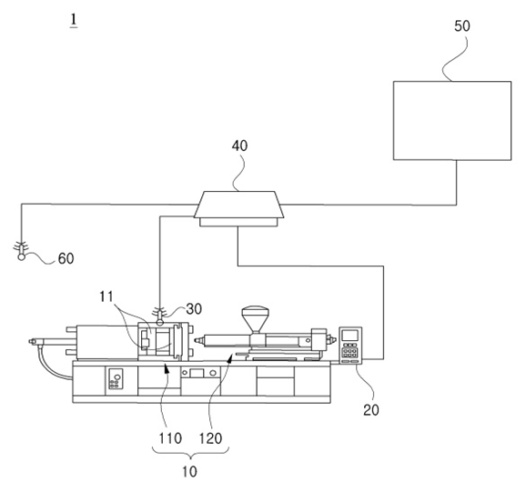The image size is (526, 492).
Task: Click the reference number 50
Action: click(462, 26)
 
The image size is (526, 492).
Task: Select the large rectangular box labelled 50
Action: click(452, 121)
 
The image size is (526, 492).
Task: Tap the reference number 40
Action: click(239, 146)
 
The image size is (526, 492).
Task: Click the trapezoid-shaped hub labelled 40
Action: click(238, 208)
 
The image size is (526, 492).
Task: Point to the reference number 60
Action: click(66, 258)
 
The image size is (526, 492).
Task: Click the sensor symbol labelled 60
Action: click(21, 251)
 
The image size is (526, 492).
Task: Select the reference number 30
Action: click(194, 309)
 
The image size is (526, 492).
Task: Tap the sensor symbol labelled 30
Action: click(159, 316)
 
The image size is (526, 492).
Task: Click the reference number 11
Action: click(106, 296)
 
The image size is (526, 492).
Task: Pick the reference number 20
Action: click(371, 410)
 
